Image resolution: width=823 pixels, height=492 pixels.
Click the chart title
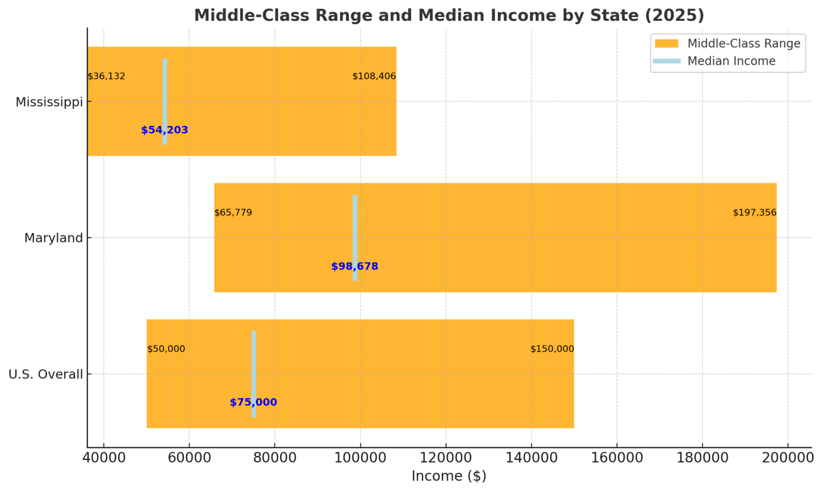(449, 15)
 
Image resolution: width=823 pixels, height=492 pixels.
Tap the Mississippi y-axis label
(49, 102)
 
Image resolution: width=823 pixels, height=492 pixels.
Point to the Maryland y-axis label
(53, 238)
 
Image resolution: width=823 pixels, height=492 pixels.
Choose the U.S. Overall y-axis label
(46, 374)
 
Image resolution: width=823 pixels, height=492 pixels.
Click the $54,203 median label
(164, 130)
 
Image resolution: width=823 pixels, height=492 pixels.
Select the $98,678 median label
(354, 266)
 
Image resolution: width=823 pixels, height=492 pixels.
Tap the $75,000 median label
(253, 402)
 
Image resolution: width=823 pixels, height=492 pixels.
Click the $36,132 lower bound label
(106, 76)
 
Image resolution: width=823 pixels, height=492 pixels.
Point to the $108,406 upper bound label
(374, 76)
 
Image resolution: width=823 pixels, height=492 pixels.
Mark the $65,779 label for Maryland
(233, 213)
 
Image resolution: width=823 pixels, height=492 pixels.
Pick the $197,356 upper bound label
(754, 213)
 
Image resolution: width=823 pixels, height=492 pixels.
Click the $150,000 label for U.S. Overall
(552, 349)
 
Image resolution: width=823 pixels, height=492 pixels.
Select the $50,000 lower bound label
(166, 349)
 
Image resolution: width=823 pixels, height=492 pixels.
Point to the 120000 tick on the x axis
(445, 458)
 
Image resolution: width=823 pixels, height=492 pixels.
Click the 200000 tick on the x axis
(787, 458)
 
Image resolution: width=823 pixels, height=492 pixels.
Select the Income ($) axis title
(448, 476)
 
